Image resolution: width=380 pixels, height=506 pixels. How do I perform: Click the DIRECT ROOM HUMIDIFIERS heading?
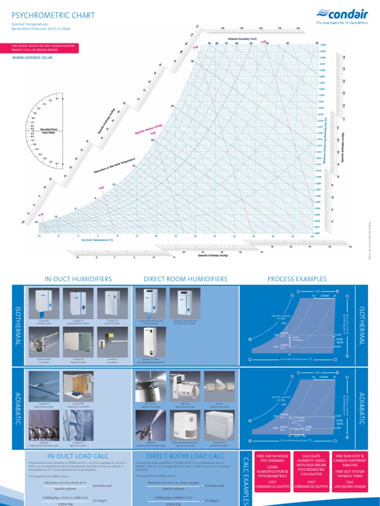(x=186, y=279)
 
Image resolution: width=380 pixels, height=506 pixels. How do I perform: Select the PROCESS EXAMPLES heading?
(x=294, y=279)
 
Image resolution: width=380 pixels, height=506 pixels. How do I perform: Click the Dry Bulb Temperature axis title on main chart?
(x=97, y=240)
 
